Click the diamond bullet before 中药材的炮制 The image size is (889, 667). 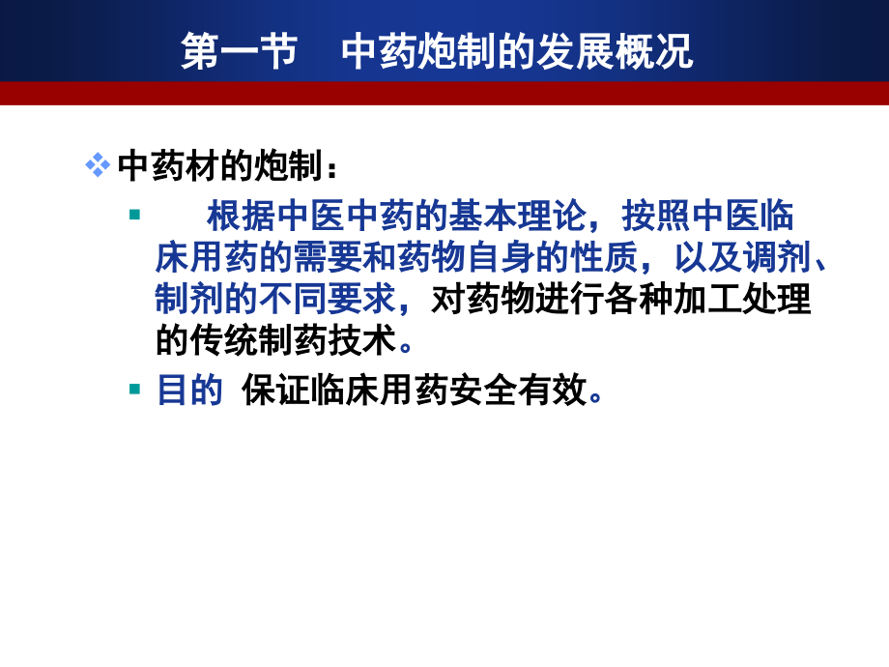(97, 165)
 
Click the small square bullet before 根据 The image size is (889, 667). (134, 214)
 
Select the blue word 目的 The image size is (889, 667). (189, 391)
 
